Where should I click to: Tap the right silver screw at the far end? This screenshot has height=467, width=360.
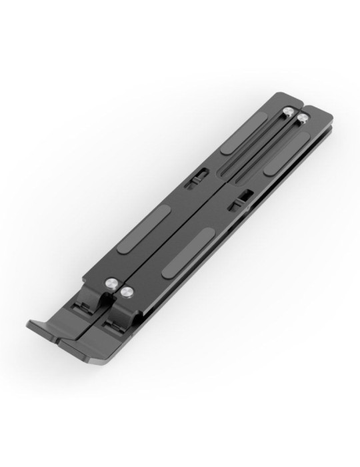click(303, 118)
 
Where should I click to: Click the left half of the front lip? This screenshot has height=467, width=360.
click(47, 328)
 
